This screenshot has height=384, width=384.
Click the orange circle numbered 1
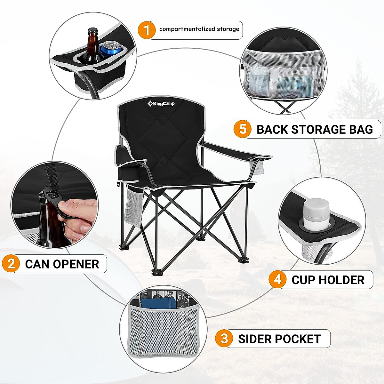147,30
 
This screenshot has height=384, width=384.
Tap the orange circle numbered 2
11,264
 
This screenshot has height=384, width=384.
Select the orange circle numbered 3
224,338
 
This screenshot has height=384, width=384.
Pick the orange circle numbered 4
277,279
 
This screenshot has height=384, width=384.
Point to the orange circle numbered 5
243,129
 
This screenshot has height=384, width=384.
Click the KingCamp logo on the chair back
161,103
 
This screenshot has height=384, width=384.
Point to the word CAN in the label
37,264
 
